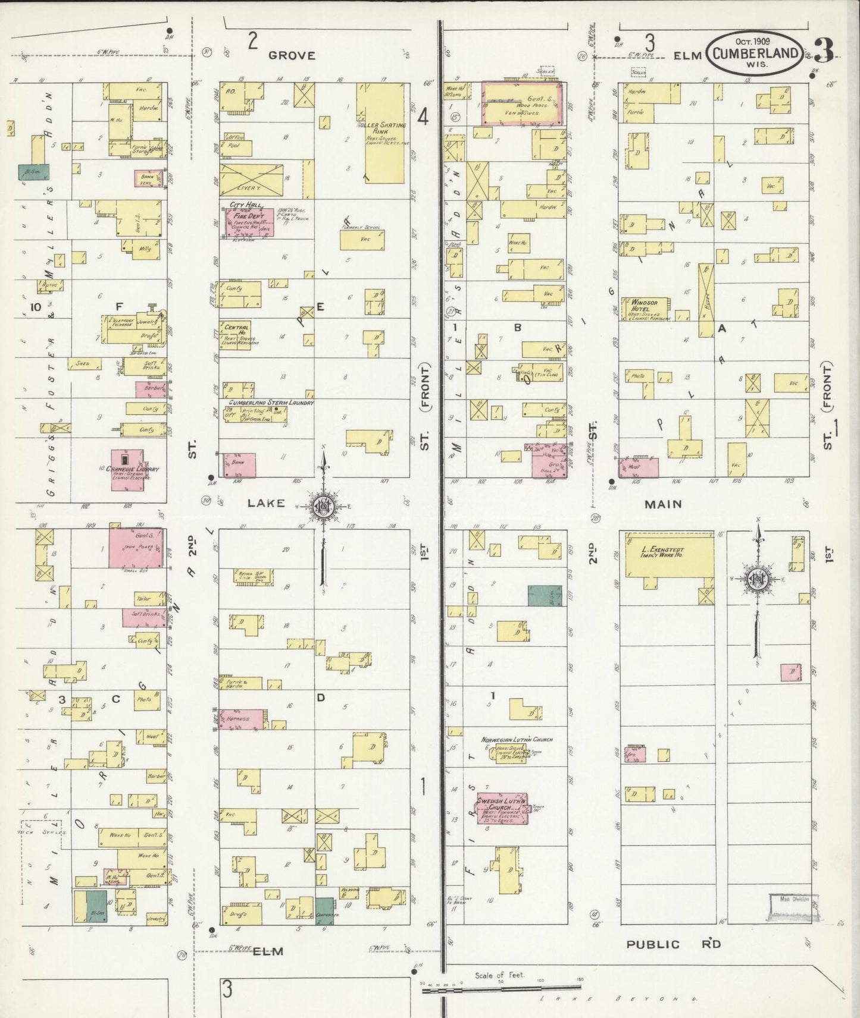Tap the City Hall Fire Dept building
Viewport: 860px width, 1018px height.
click(249, 223)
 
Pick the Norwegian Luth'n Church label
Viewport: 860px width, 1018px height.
click(517, 740)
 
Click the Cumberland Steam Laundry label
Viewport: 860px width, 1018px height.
click(269, 403)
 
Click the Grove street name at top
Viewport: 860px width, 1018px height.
click(291, 55)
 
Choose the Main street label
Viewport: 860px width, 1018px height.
click(664, 504)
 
